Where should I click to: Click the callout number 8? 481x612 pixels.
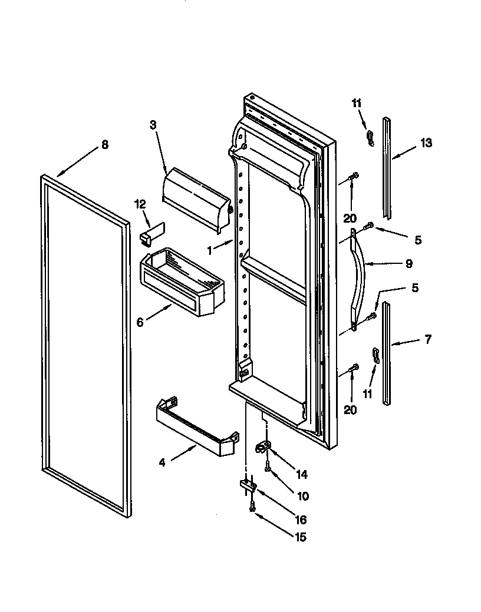(105, 145)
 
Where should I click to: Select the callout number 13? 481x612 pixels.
(426, 143)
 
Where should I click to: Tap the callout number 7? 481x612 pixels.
(428, 339)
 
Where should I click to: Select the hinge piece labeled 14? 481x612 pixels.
(262, 448)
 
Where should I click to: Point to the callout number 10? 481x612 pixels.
(302, 496)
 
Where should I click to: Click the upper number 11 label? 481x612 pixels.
(357, 103)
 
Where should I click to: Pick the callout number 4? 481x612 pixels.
(162, 462)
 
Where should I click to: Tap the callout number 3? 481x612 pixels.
(153, 124)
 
